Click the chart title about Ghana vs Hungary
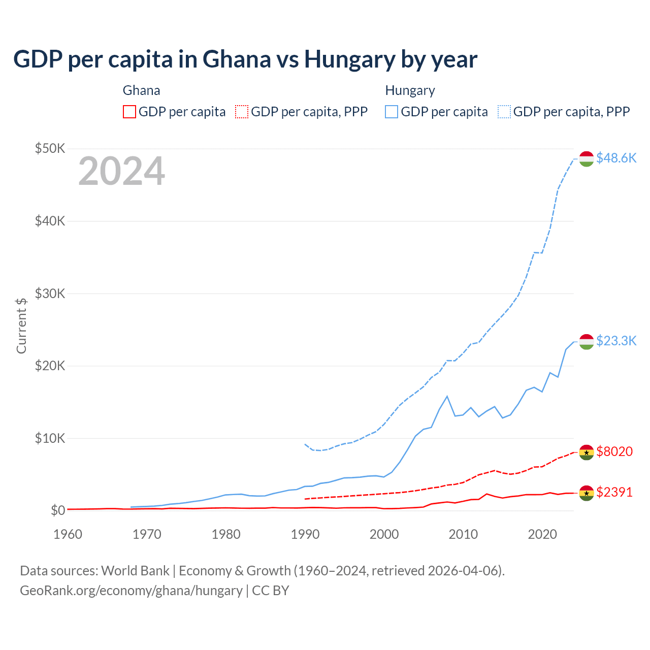coord(245,59)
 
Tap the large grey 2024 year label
coord(121,171)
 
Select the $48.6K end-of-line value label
coord(616,158)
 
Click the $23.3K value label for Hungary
coord(616,340)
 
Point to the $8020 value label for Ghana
coord(614,451)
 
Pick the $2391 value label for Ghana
coord(614,492)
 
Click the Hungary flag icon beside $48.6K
coord(587,158)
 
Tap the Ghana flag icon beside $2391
coord(587,493)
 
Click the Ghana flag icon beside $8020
coord(587,452)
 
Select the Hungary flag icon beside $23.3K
coord(587,342)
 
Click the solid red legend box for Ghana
coord(129,112)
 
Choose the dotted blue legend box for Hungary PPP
coord(504,112)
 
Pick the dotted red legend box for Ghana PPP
coord(242,112)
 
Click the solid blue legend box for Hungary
coord(392,112)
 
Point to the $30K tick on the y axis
coord(50,294)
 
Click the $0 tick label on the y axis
coord(58,510)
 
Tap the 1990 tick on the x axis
coord(305,534)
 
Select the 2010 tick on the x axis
coord(463,534)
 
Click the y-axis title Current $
coord(21,326)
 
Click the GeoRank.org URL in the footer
coord(131,591)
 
